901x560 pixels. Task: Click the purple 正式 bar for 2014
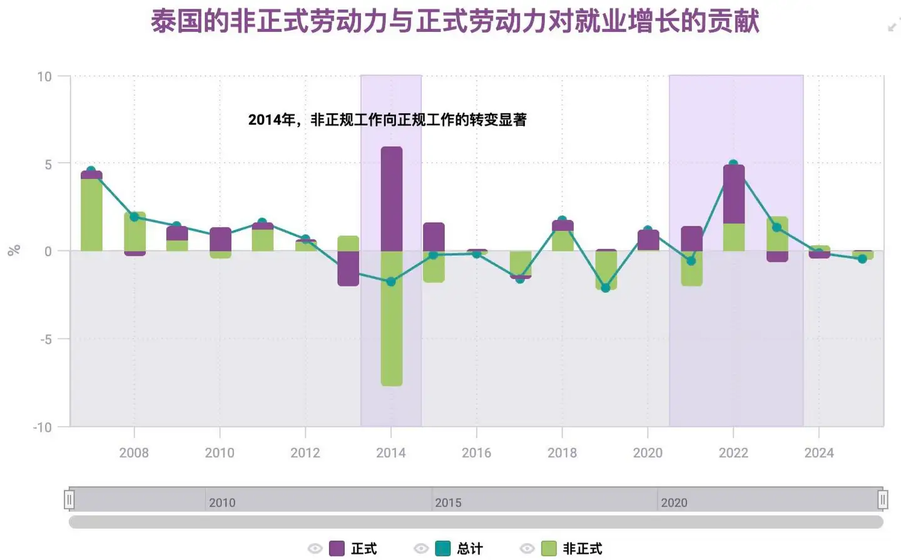coord(392,199)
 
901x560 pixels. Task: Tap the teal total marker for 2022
coord(733,164)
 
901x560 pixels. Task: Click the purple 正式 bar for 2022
coord(734,195)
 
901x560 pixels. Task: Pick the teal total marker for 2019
coord(605,288)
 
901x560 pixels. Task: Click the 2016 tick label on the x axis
coord(476,452)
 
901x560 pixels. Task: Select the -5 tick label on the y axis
coord(46,339)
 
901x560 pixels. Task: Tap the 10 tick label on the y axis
coord(44,76)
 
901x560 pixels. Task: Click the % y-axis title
coord(14,250)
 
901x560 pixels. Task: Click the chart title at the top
coord(455,21)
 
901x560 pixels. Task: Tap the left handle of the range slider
coord(69,499)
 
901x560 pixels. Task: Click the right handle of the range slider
coord(882,499)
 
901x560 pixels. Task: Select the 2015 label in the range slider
coord(448,502)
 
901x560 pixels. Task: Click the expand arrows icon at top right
coord(893,26)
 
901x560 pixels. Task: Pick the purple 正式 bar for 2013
coord(349,268)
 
